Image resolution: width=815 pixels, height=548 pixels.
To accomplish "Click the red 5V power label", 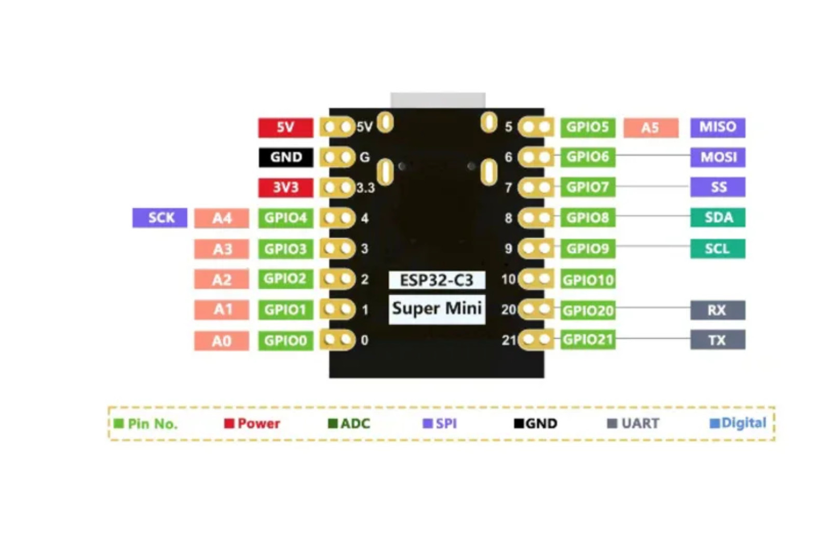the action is (x=286, y=128).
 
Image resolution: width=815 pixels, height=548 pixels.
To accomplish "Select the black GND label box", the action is (x=286, y=157).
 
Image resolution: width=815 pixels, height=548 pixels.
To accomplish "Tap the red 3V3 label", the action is (x=286, y=188).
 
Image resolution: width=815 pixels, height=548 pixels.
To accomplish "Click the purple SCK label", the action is (x=160, y=218).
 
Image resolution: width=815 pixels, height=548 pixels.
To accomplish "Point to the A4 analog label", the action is (x=222, y=218).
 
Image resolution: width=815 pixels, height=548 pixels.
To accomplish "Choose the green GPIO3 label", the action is (x=286, y=249).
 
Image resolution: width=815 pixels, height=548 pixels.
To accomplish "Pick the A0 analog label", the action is (x=222, y=341).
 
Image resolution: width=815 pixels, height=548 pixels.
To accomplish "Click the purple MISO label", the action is (x=718, y=128).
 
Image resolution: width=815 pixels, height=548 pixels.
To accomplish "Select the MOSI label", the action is (x=718, y=157).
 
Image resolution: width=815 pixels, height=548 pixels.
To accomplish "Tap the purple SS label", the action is (x=718, y=187).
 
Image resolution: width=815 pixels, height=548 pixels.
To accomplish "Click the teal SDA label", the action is (x=718, y=217).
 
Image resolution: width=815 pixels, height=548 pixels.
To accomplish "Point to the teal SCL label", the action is (x=718, y=249).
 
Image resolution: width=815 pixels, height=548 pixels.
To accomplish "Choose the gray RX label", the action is (x=718, y=310).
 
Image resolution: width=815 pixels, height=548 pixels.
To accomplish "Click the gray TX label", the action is (x=718, y=339).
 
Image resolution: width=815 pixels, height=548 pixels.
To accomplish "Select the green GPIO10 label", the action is (x=588, y=279).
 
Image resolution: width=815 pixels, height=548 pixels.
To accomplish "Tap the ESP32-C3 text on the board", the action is (x=437, y=280).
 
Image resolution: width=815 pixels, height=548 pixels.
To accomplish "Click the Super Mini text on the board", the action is (x=437, y=309).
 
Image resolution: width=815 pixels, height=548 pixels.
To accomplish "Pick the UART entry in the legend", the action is (x=633, y=423).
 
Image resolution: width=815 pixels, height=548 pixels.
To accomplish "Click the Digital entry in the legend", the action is (x=738, y=423).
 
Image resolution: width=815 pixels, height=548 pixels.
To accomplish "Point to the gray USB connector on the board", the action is (x=438, y=100).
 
